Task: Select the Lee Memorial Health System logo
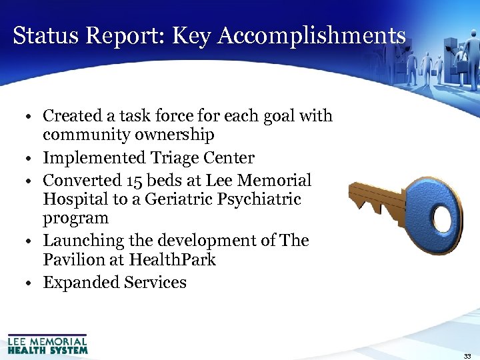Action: [47, 343]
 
